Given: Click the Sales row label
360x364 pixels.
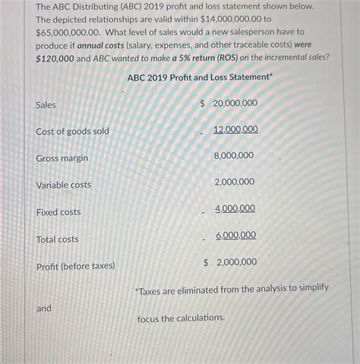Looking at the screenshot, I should coord(46,105).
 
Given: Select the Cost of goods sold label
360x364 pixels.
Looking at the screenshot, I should coord(72,131).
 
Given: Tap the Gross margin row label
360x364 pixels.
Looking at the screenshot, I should coord(62,158).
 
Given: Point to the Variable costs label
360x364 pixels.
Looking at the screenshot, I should coord(63,185).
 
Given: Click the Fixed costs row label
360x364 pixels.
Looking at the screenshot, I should coord(58,212).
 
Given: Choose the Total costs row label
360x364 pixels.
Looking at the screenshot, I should coord(57,239).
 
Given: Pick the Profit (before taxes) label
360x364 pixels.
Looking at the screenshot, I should coord(75,266).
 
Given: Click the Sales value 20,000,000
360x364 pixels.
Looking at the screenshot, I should coord(235,103).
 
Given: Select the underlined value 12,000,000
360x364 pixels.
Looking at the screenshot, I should coord(235,129).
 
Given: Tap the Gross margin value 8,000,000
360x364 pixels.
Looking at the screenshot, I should coord(234,155).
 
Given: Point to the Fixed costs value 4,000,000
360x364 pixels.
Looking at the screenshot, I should coord(235,208).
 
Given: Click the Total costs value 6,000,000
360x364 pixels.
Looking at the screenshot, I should coord(235,236).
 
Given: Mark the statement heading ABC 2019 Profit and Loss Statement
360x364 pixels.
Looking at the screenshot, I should coord(199,77).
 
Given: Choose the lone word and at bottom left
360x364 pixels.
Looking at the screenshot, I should coord(43,309).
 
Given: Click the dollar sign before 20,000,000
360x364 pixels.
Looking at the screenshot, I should coord(203,103).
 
